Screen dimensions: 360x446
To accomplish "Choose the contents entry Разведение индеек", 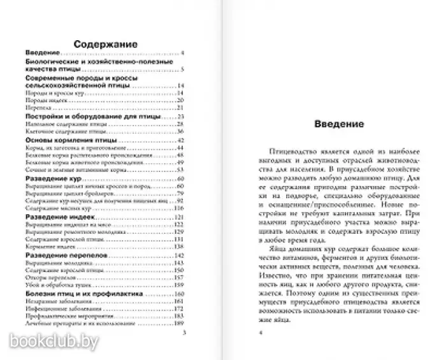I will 62,218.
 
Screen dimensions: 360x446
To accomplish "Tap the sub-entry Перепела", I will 38,108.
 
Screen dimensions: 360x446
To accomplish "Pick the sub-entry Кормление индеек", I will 51,247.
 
